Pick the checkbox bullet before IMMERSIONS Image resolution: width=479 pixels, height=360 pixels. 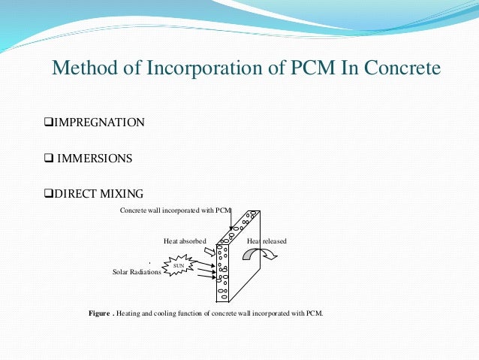tap(47, 159)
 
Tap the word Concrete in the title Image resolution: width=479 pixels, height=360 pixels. tap(399, 69)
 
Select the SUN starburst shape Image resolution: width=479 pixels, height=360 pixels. tap(178, 265)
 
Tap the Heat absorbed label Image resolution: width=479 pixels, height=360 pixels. tap(185, 241)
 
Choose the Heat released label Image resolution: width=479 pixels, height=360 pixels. tap(267, 241)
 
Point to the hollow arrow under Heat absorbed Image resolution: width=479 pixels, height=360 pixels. tap(209, 252)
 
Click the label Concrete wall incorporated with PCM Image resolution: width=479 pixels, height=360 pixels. tap(176, 210)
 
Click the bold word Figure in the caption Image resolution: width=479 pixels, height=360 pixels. tap(99, 313)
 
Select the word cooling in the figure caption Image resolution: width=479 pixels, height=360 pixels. tap(164, 313)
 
